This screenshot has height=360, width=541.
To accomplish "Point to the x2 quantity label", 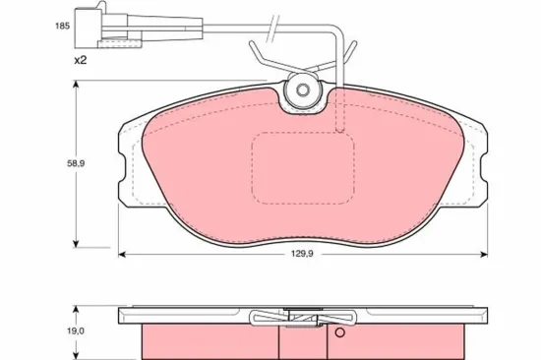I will click(80, 60).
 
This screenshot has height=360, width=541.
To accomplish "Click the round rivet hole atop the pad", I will click(304, 92).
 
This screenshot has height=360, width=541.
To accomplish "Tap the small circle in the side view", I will click(340, 332).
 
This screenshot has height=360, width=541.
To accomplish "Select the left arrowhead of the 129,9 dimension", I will click(123, 256).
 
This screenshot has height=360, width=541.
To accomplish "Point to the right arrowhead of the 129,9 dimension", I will click(483, 256).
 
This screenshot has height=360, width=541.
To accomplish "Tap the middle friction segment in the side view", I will click(303, 342).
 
